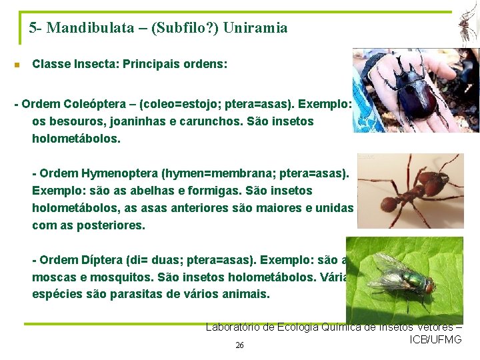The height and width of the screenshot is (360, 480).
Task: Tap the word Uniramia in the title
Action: (256, 28)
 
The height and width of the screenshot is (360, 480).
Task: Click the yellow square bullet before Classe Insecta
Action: (17, 65)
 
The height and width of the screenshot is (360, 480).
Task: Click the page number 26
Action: (239, 345)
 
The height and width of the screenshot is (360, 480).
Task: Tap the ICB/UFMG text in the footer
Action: (436, 340)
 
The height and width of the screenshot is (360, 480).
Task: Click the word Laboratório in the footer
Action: (235, 327)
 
